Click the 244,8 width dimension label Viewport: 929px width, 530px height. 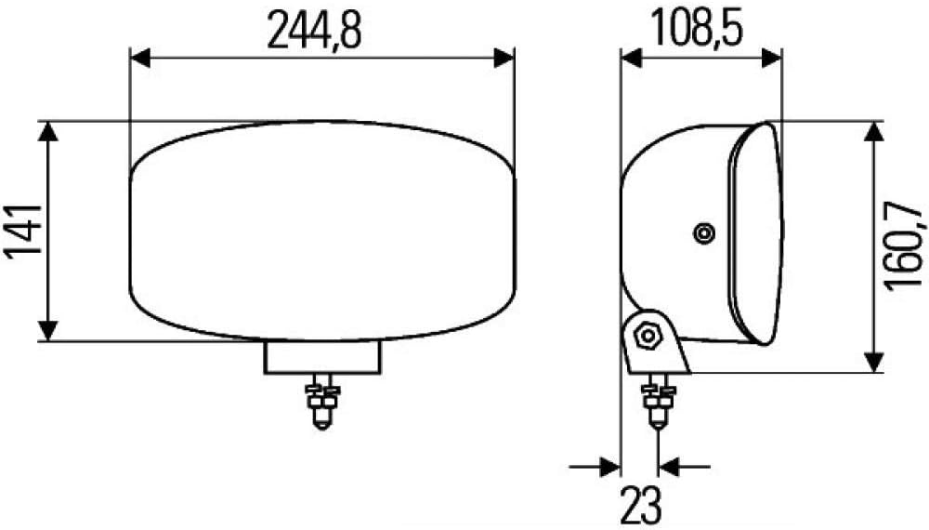[x=314, y=30]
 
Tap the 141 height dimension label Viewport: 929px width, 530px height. [x=24, y=230]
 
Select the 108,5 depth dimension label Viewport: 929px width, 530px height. [x=697, y=28]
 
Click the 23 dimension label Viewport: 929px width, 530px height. [x=640, y=504]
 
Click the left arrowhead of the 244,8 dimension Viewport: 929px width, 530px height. [x=140, y=58]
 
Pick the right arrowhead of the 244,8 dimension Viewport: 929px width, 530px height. [x=504, y=58]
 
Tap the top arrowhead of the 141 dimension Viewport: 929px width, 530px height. [x=48, y=132]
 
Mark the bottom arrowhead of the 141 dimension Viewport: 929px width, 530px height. [x=48, y=331]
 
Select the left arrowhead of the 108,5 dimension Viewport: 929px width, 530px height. [x=631, y=58]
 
